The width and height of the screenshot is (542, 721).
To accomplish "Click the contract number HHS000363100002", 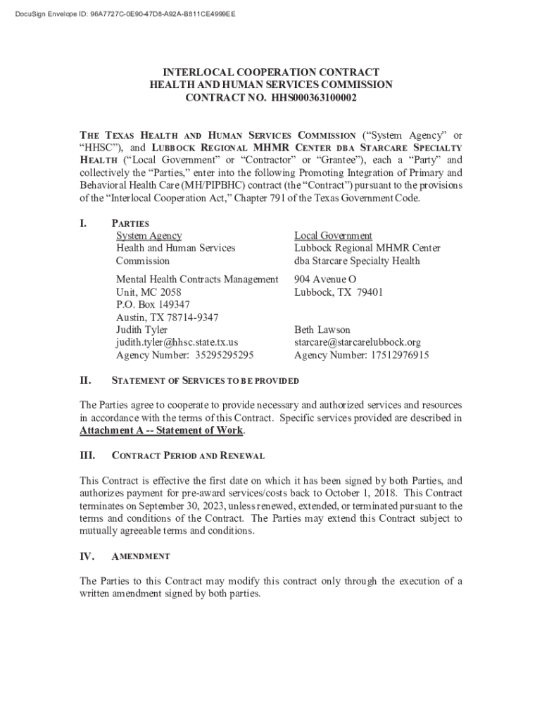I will click(x=312, y=97).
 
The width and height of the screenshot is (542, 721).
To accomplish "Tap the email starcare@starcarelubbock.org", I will click(x=357, y=343).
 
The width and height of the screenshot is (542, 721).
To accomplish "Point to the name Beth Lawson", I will click(x=322, y=330).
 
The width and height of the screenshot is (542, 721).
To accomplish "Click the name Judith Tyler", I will click(x=141, y=330).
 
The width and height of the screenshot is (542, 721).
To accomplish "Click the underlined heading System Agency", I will click(x=149, y=236).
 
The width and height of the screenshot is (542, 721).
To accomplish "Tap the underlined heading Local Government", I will click(x=333, y=236).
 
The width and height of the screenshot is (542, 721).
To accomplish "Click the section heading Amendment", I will click(x=141, y=556).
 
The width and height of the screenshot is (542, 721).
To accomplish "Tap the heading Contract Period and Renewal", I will click(x=188, y=456).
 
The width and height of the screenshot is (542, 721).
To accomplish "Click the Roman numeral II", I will click(x=85, y=380).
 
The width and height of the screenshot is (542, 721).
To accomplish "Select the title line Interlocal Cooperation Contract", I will click(x=271, y=72).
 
